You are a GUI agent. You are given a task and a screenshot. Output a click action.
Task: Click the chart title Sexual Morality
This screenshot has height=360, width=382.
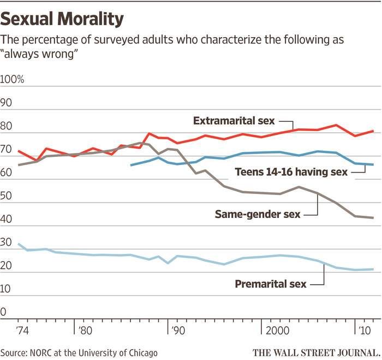click(62, 19)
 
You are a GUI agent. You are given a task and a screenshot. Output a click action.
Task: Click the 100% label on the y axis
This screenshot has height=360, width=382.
click(13, 79)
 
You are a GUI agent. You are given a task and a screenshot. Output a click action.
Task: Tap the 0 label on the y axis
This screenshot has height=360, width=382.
click(4, 312)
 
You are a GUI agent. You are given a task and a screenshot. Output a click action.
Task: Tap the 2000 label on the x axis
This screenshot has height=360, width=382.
click(279, 331)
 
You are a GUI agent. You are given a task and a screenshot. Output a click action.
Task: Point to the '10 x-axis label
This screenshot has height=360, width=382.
click(363, 331)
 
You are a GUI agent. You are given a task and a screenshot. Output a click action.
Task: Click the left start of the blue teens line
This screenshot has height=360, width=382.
click(131, 164)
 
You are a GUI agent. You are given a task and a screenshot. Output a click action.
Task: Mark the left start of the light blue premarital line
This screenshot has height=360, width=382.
click(19, 244)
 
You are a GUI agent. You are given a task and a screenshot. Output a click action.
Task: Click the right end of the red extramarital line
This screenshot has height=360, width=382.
click(373, 131)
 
